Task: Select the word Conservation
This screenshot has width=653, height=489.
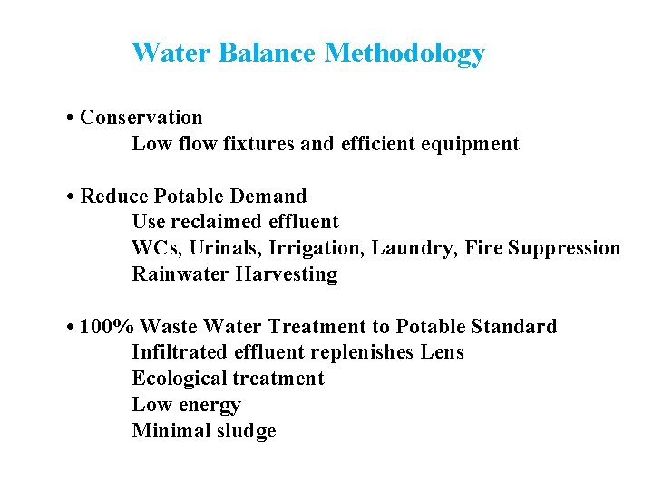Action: click(x=141, y=118)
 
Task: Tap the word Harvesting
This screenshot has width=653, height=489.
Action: click(x=287, y=274)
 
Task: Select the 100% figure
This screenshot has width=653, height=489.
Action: click(x=107, y=327)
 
